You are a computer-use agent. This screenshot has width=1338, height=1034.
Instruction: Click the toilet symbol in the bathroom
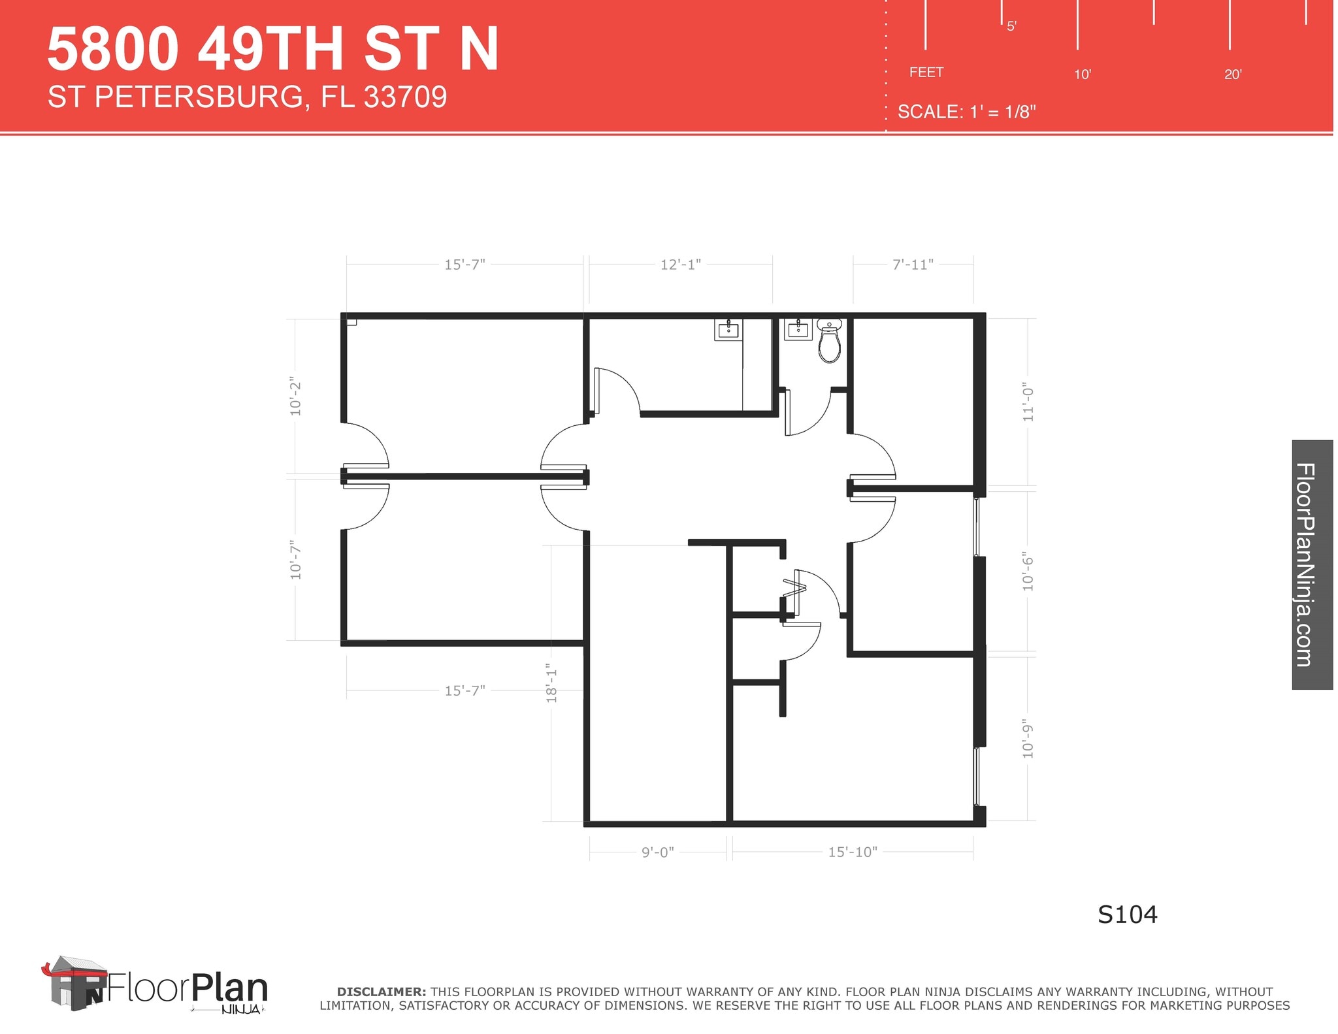(829, 342)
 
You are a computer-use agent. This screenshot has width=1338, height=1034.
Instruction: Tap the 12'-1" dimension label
(680, 265)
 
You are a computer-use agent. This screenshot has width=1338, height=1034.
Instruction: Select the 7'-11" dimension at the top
(913, 265)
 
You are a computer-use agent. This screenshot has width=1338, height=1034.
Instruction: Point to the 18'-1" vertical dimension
(552, 683)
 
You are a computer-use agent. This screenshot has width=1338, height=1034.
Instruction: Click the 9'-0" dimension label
(657, 852)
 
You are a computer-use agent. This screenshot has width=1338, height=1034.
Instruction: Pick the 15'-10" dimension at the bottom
(853, 852)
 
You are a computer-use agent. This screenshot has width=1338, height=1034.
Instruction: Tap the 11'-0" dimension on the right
(1028, 402)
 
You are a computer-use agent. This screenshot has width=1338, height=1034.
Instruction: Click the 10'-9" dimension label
(1028, 740)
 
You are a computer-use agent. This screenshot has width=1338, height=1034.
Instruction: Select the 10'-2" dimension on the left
(296, 396)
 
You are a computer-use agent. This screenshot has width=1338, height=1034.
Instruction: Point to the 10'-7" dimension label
(296, 560)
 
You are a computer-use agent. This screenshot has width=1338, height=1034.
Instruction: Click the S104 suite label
(1127, 915)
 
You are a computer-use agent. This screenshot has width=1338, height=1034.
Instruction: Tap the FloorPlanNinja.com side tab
(1312, 564)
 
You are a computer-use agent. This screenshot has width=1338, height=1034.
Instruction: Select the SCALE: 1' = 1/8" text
(966, 112)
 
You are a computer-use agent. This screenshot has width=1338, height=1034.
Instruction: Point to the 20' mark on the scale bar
(1232, 74)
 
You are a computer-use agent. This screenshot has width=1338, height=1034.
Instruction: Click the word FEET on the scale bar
(926, 73)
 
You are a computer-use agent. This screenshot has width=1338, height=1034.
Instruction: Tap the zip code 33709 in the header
(405, 97)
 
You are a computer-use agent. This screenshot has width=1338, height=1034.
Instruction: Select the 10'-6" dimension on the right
(1028, 572)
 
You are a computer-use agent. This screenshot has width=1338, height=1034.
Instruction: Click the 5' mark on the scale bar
(1011, 27)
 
